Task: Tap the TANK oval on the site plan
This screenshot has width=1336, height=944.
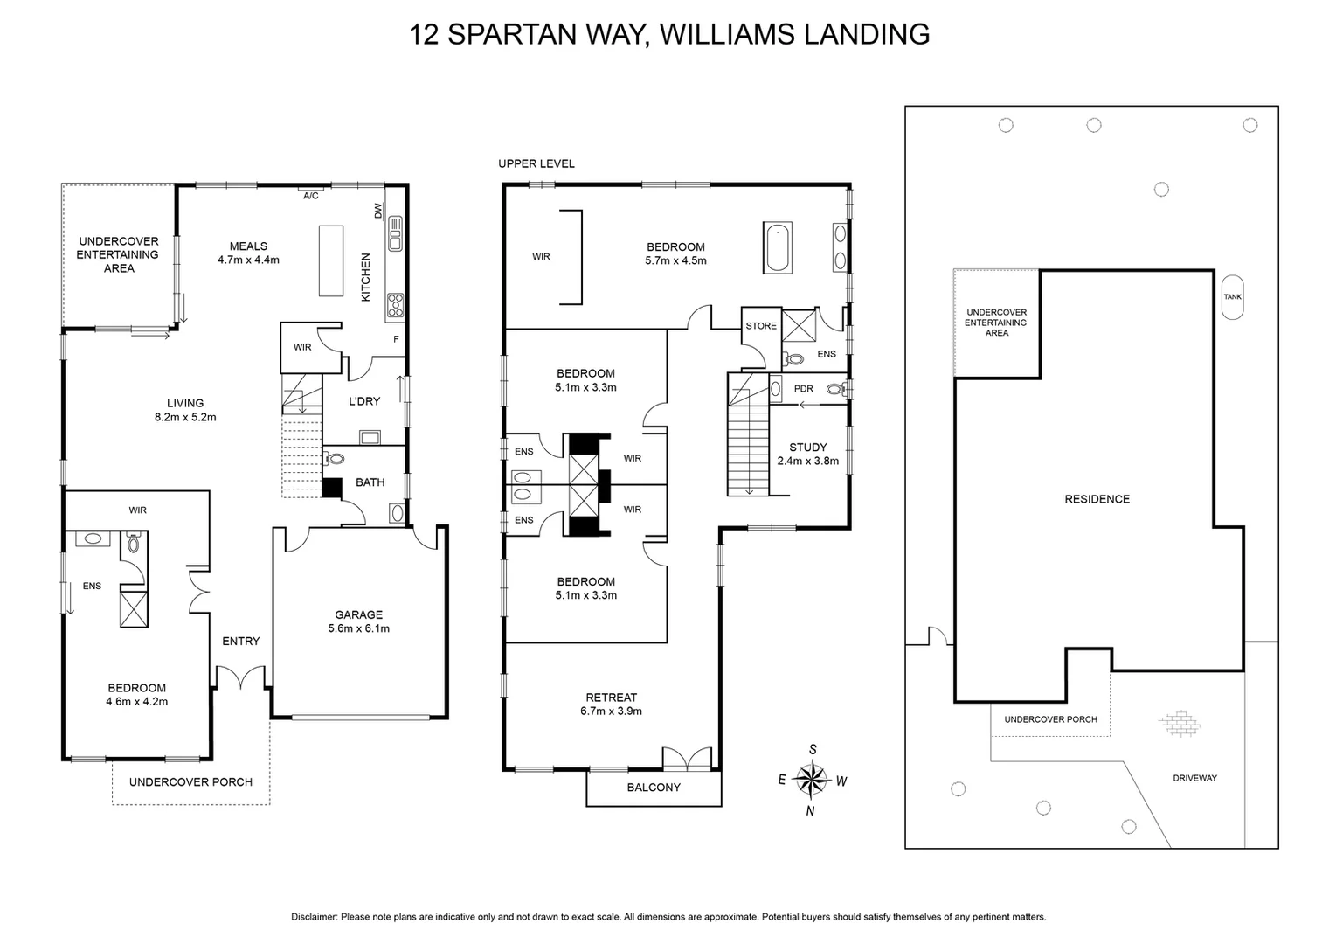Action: (x=1232, y=296)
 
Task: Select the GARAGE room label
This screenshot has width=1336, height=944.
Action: (x=359, y=614)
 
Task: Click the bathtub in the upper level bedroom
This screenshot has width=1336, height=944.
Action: (x=777, y=247)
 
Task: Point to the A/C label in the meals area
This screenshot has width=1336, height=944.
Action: (x=311, y=196)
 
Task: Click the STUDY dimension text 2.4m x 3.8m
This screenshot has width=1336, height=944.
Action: (x=807, y=461)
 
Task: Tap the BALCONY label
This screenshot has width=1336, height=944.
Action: (x=654, y=788)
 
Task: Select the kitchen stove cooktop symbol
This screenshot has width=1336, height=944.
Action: (x=395, y=304)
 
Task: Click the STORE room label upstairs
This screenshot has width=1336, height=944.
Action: (x=761, y=326)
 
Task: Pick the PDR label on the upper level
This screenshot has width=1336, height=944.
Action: (x=804, y=389)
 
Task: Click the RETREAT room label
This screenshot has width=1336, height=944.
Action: (x=611, y=698)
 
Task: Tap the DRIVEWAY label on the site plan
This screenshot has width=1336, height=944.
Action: (x=1194, y=778)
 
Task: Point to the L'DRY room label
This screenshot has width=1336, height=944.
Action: (x=364, y=401)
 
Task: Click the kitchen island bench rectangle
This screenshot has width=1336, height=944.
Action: (x=331, y=260)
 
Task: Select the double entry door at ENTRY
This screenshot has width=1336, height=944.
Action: (x=240, y=677)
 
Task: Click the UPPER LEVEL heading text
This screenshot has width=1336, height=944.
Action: (x=536, y=163)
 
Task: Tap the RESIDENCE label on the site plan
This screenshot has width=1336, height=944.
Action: (x=1097, y=499)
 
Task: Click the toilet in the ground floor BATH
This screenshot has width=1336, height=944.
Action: (x=334, y=458)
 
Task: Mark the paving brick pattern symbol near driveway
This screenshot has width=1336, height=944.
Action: (x=1180, y=724)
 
